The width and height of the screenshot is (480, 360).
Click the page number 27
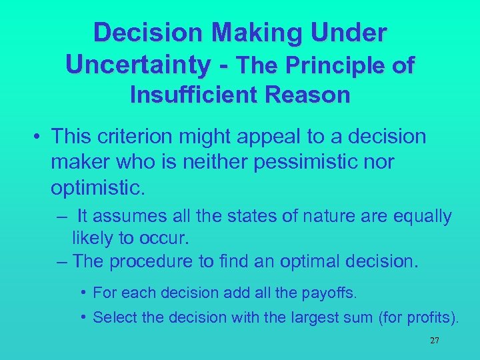tap(434, 340)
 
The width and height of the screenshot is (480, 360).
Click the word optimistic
tap(97, 187)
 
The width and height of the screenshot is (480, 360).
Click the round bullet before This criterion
tap(40, 137)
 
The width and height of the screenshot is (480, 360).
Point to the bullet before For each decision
tap(83, 293)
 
